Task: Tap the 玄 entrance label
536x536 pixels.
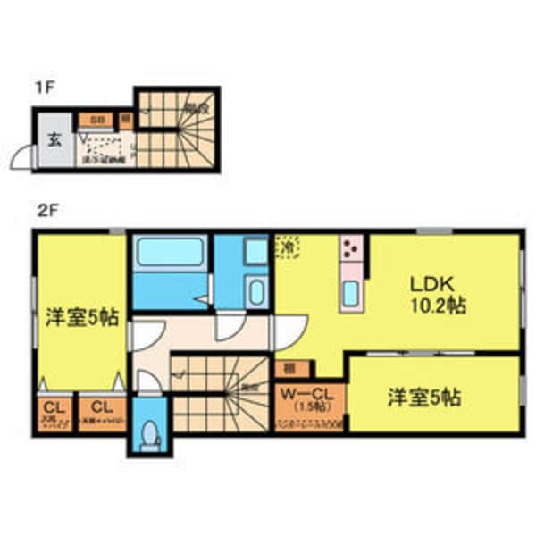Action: [53, 139]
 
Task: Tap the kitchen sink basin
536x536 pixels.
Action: [351, 292]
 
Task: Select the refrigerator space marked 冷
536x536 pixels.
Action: [288, 245]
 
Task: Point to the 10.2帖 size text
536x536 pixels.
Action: [437, 306]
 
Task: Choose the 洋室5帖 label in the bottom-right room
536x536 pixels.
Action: [424, 398]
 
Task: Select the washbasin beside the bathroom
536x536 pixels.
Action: [255, 291]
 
